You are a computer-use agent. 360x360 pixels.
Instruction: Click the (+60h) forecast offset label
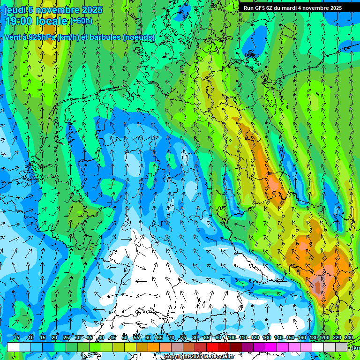[81, 21]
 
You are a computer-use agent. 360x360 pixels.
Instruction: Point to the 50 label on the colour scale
[124, 337]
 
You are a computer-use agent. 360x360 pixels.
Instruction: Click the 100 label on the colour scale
[231, 337]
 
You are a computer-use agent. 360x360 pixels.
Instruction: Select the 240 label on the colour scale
[348, 337]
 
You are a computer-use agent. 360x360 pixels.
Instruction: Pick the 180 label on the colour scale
[313, 337]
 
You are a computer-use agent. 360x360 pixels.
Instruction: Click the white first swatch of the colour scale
[13, 347]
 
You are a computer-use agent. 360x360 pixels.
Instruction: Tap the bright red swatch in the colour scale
[212, 347]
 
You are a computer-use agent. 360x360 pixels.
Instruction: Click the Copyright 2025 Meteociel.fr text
[199, 357]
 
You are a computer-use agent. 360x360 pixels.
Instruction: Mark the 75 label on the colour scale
[183, 337]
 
